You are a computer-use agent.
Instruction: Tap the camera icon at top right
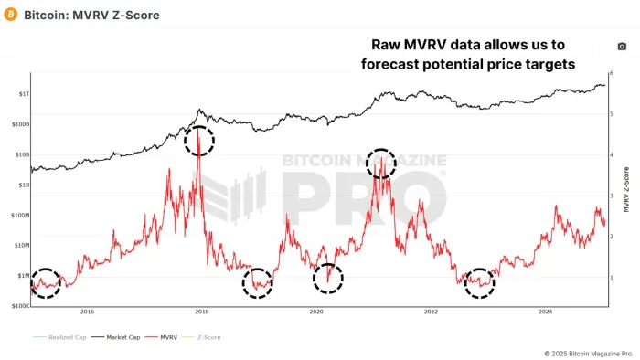[624, 46]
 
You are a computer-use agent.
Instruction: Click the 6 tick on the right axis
[612, 73]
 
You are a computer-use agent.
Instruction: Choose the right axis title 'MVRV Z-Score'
[627, 189]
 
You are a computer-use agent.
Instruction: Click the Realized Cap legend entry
[56, 337]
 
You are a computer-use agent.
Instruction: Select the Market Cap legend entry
[111, 337]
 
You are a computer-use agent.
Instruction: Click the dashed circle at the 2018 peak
[199, 141]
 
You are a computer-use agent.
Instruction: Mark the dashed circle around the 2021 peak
[381, 163]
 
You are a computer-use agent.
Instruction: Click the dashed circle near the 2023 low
[479, 282]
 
